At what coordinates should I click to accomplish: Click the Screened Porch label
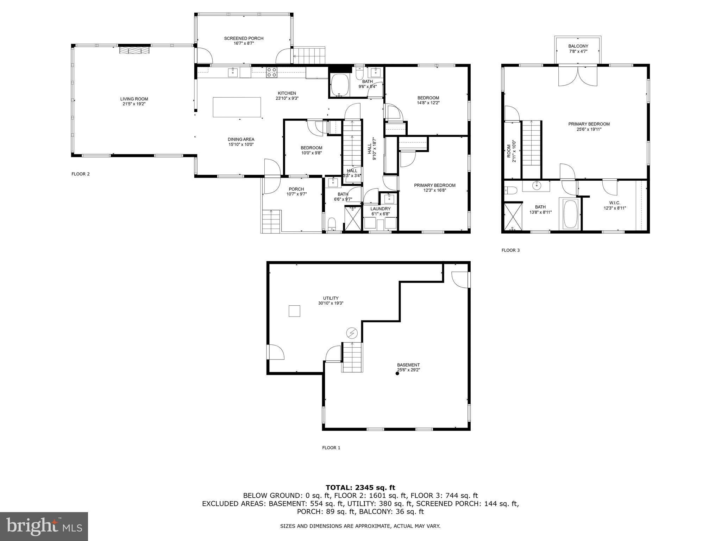tap(244, 38)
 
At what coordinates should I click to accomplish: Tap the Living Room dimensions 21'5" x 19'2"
tap(134, 104)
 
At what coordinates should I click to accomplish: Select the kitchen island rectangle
tap(237, 107)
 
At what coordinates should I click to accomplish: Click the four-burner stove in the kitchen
tap(271, 72)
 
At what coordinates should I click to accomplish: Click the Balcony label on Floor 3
tap(578, 46)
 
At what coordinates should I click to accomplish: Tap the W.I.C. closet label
tap(615, 203)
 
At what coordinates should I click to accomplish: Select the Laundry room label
tap(380, 209)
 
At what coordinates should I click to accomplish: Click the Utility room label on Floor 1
tap(331, 298)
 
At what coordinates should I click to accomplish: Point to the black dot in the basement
tap(397, 374)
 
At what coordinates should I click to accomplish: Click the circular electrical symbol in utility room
tap(352, 333)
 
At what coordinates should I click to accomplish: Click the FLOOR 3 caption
tap(510, 250)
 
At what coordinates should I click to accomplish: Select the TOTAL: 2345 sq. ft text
tap(360, 488)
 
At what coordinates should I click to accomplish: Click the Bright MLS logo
tap(44, 526)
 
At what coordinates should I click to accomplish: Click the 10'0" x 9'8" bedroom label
tap(311, 153)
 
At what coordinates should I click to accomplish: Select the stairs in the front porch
tap(271, 221)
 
